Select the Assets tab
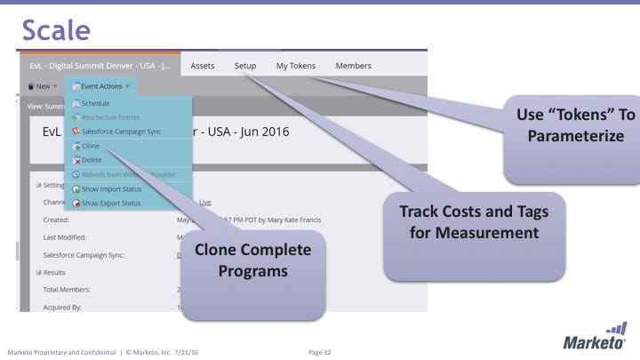click(203, 66)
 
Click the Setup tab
click(245, 66)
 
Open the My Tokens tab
click(295, 66)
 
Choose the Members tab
click(353, 66)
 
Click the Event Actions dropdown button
click(100, 86)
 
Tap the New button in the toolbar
click(41, 86)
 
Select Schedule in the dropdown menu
click(95, 103)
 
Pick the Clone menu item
click(90, 146)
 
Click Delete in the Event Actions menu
click(92, 160)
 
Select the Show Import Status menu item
click(111, 188)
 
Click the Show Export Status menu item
click(111, 203)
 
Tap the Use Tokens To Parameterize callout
click(575, 125)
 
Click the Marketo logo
click(595, 339)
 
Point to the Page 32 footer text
click(319, 352)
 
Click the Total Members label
click(74, 290)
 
